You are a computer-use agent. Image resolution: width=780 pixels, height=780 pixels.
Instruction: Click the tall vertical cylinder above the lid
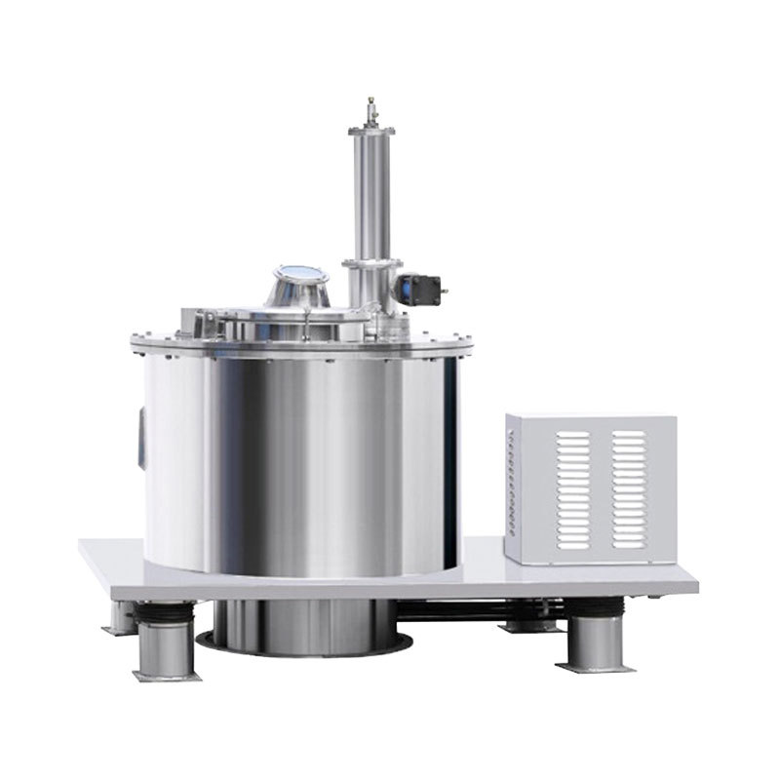tap(370, 195)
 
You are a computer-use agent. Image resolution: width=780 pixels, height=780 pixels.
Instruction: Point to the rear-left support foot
tap(121, 616)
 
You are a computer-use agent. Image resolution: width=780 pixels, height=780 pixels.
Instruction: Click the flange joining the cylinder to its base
tap(370, 262)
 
